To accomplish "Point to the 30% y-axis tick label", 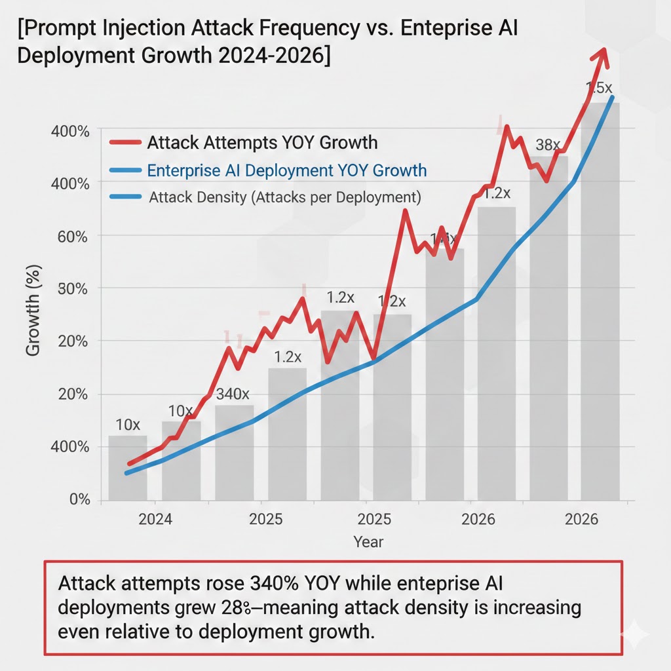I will pos(69,288).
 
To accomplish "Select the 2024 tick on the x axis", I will pos(155,520).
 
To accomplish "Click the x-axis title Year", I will pos(368,542).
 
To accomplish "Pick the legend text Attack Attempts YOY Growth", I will pos(262,142).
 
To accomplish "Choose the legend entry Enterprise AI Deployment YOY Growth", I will pos(287,171).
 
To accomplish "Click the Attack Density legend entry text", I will pos(285,197).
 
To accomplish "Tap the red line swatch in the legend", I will pos(125,142).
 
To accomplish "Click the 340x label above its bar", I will pos(233,394).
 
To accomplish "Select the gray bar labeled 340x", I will pos(234,452).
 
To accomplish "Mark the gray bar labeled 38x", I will pos(548,328).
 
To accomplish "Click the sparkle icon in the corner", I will pos(634,635).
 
